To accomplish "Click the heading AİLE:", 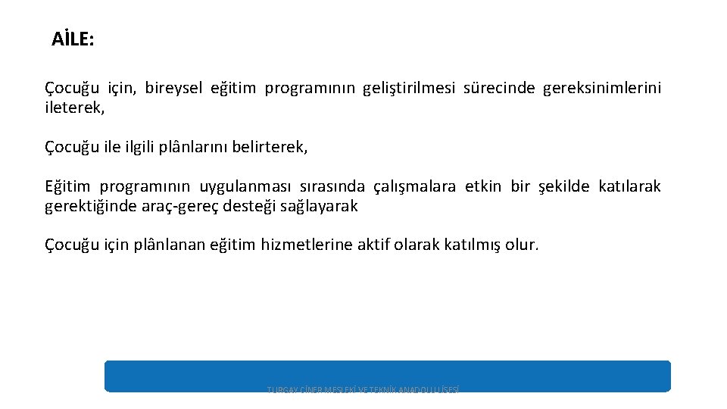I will pyautogui.click(x=73, y=39).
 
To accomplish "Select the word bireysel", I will pyautogui.click(x=173, y=89).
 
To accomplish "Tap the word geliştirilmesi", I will pyautogui.click(x=410, y=89).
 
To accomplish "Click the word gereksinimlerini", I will pyautogui.click(x=602, y=89).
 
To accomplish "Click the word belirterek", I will pyautogui.click(x=269, y=147).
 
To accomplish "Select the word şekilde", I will pyautogui.click(x=563, y=186).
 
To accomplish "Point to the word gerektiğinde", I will pyautogui.click(x=92, y=206).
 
